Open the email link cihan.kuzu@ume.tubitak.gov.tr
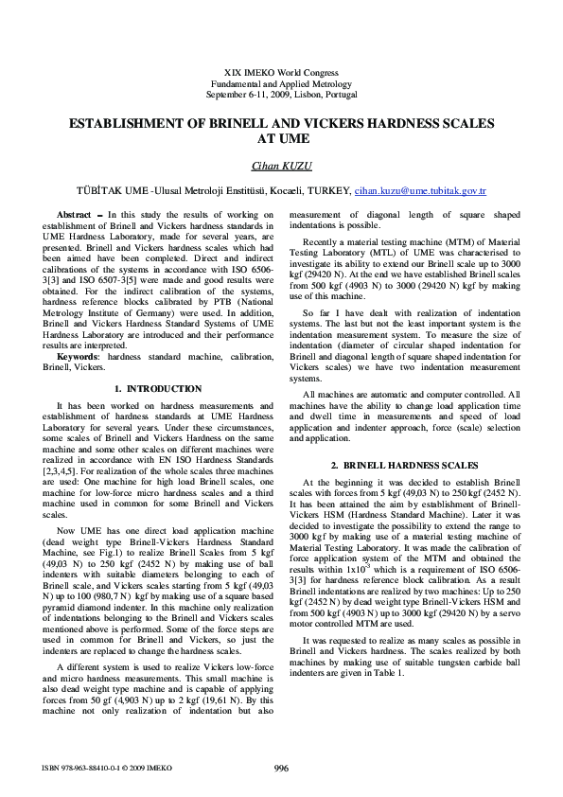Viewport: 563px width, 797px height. pos(420,191)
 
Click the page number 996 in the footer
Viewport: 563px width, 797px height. pos(281,768)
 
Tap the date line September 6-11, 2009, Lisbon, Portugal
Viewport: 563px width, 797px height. pos(281,96)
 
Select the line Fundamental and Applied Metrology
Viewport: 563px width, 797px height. pos(281,84)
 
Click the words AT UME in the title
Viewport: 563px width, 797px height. pos(281,138)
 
